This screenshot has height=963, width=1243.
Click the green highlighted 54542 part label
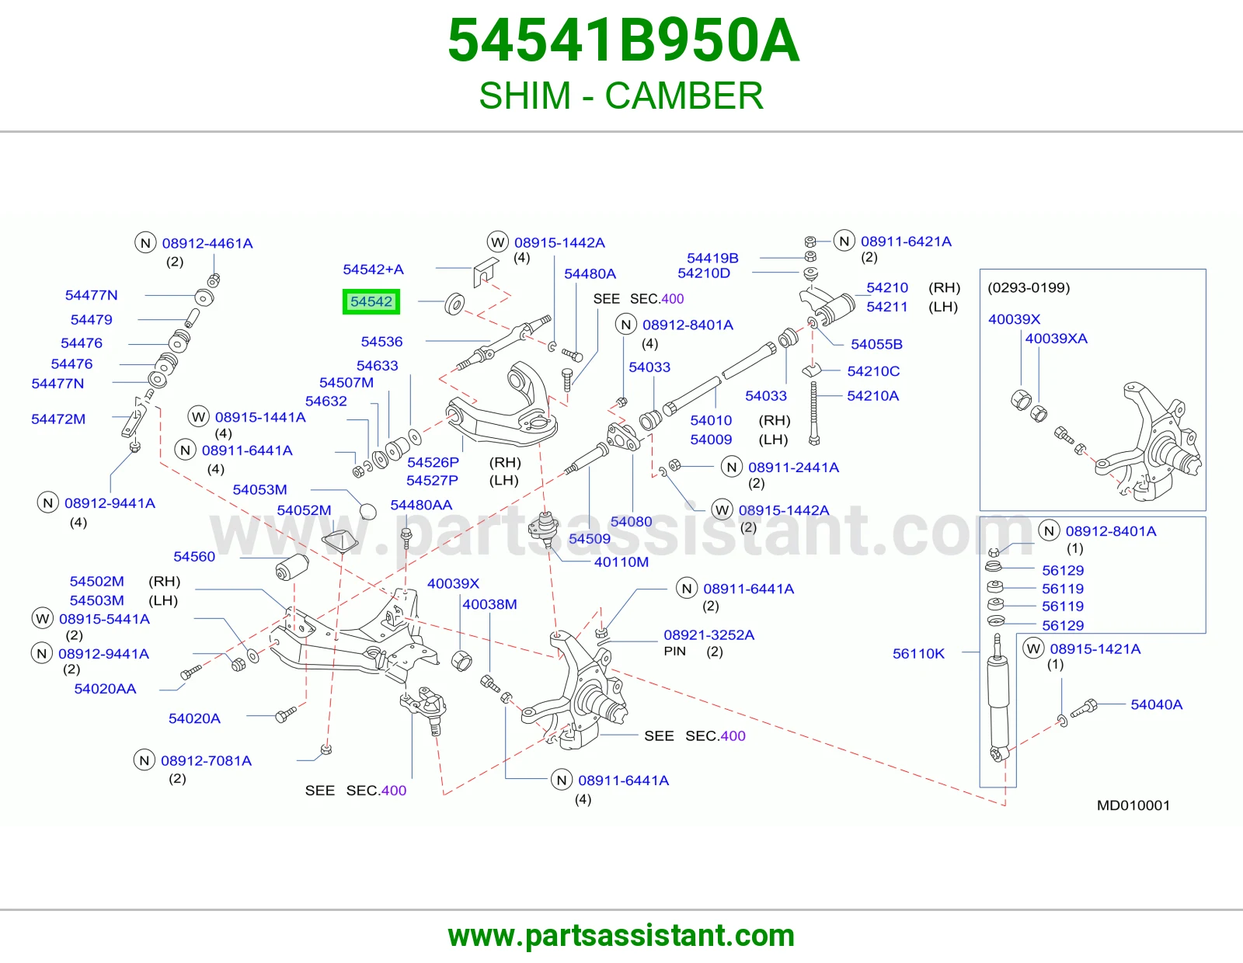371,301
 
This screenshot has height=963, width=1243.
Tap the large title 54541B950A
623,40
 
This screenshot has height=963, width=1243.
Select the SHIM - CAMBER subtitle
621,96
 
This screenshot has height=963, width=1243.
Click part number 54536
381,342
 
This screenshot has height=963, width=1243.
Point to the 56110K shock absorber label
919,653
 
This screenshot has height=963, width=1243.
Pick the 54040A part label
1156,704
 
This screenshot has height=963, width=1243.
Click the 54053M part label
259,489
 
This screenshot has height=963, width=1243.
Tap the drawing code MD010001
1133,805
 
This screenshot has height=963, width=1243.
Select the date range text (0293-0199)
1029,287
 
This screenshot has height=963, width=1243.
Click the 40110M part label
621,562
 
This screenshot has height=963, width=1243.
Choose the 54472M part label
58,419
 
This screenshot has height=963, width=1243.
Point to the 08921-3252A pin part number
709,634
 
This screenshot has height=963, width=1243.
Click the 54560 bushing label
194,556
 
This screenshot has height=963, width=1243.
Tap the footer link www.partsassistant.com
621,936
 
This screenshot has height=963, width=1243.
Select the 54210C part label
873,371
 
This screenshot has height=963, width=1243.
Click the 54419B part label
712,259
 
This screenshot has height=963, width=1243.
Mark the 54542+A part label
374,269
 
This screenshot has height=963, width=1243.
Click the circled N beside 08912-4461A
145,243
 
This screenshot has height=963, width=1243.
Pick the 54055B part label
876,344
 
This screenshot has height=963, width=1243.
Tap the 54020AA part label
105,689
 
